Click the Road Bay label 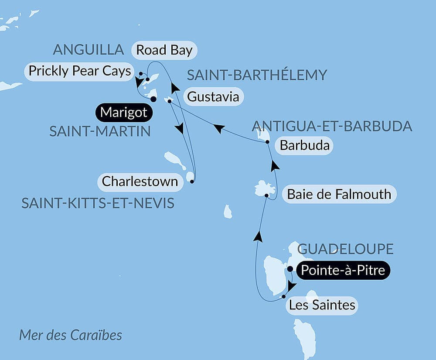(164, 50)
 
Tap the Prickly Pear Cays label (79, 71)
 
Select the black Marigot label (123, 113)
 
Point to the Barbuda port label (304, 145)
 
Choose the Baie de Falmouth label (339, 194)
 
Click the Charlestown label (140, 181)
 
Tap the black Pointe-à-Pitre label (343, 271)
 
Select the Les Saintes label (322, 305)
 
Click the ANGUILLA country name (89, 50)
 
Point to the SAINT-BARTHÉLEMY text (257, 75)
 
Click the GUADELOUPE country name (345, 249)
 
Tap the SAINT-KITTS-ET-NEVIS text (98, 203)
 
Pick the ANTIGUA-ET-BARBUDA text (332, 127)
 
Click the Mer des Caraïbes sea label (71, 336)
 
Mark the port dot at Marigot (153, 99)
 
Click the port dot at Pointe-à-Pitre (290, 269)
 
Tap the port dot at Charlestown (192, 182)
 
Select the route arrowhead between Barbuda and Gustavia (219, 128)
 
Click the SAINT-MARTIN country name (100, 131)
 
